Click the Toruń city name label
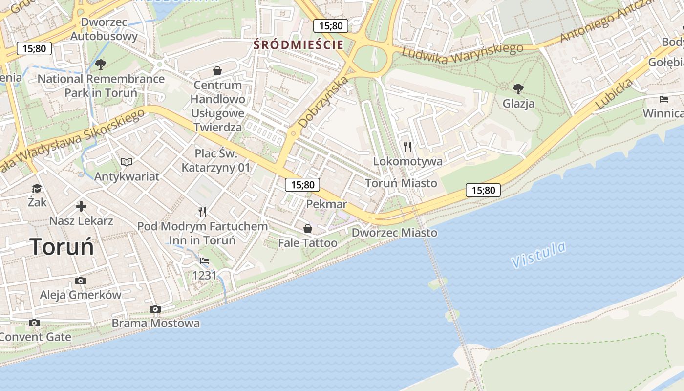pyautogui.click(x=62, y=247)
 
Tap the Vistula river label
pyautogui.click(x=539, y=255)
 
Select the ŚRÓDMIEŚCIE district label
pyautogui.click(x=298, y=45)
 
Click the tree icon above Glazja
pyautogui.click(x=518, y=89)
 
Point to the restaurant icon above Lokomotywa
pyautogui.click(x=407, y=147)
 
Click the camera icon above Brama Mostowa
pyautogui.click(x=155, y=309)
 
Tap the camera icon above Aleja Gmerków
pyautogui.click(x=81, y=281)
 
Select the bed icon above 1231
pyautogui.click(x=205, y=261)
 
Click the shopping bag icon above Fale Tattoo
pyautogui.click(x=308, y=228)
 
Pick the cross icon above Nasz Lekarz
pyautogui.click(x=81, y=206)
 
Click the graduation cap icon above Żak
pyautogui.click(x=37, y=188)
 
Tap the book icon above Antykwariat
pyautogui.click(x=127, y=162)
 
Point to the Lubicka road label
pyautogui.click(x=614, y=94)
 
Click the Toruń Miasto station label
pyautogui.click(x=401, y=183)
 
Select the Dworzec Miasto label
pyautogui.click(x=394, y=233)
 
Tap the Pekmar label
pyautogui.click(x=326, y=204)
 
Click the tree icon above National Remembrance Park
pyautogui.click(x=101, y=64)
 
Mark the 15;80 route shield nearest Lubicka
pyautogui.click(x=483, y=190)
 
